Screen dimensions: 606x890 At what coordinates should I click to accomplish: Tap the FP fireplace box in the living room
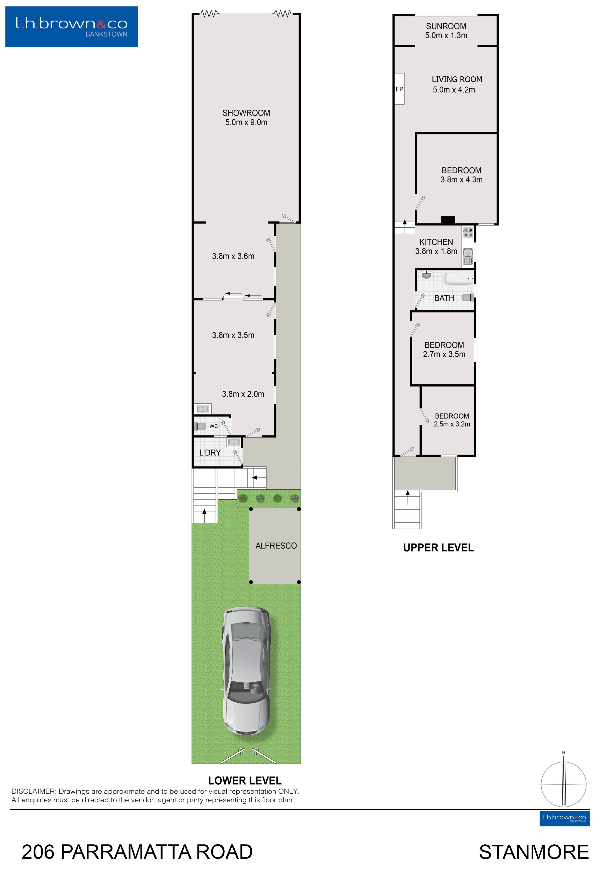399,89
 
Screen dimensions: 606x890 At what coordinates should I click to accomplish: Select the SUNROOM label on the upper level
446,26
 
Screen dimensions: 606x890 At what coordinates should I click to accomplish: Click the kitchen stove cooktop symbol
468,232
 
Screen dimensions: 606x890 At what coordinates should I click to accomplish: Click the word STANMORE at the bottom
534,852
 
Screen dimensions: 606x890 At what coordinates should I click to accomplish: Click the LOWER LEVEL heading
245,781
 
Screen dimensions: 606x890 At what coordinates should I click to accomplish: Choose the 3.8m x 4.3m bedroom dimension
461,180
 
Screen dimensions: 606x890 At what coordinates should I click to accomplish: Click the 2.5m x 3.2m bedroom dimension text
452,424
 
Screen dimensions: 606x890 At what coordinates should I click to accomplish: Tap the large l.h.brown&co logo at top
71,27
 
